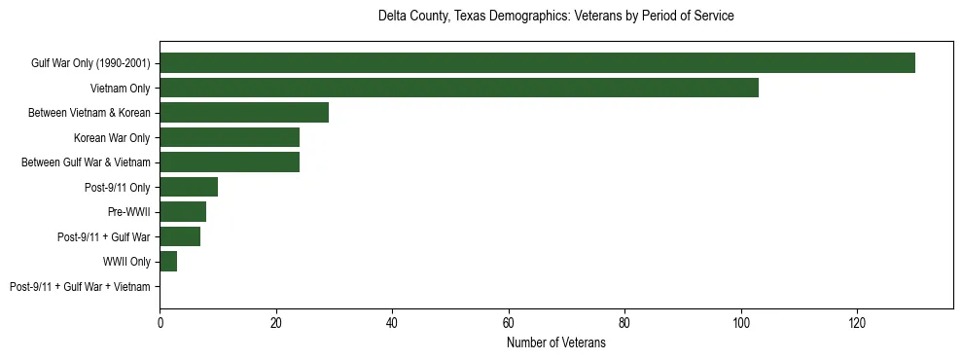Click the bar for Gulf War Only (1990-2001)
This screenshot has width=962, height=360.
tap(537, 63)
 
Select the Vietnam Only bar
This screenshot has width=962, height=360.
tap(458, 89)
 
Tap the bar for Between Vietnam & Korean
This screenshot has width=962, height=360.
tap(244, 113)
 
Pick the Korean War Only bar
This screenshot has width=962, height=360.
tap(230, 138)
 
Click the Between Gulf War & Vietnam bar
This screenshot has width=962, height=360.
tap(230, 162)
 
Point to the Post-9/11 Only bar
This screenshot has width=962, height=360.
tap(189, 187)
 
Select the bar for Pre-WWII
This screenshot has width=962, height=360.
tap(183, 212)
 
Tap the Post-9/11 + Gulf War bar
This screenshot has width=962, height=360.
tap(180, 236)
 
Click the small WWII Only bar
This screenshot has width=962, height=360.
tap(168, 262)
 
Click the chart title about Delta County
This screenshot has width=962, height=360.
tap(555, 17)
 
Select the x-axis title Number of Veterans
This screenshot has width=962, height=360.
tap(555, 343)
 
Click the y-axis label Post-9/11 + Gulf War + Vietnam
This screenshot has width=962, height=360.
tap(80, 287)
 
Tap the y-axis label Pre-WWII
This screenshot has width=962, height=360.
tap(128, 212)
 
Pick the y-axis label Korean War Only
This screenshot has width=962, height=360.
tap(112, 138)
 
